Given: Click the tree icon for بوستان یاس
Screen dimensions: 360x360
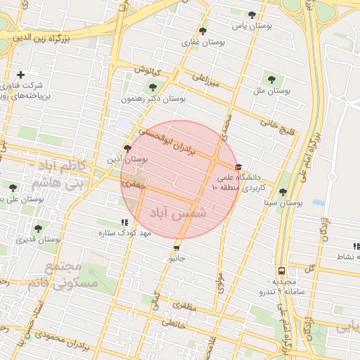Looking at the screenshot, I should click(252, 15).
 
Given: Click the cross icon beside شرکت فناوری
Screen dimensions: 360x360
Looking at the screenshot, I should click(20, 75).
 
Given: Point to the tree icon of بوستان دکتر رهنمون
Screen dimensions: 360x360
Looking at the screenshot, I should click(153, 87).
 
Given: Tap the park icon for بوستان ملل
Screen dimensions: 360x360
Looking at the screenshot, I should click(271, 79).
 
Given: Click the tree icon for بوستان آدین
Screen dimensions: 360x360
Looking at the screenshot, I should click(127, 148).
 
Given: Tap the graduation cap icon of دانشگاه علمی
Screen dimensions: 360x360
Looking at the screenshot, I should click(238, 167).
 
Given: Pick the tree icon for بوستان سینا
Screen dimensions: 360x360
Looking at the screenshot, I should click(283, 192).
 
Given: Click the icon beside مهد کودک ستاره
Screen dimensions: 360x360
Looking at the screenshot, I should click(125, 222).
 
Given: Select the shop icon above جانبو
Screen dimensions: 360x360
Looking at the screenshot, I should click(176, 247).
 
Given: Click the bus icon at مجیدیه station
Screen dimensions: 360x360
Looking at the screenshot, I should click(281, 271).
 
